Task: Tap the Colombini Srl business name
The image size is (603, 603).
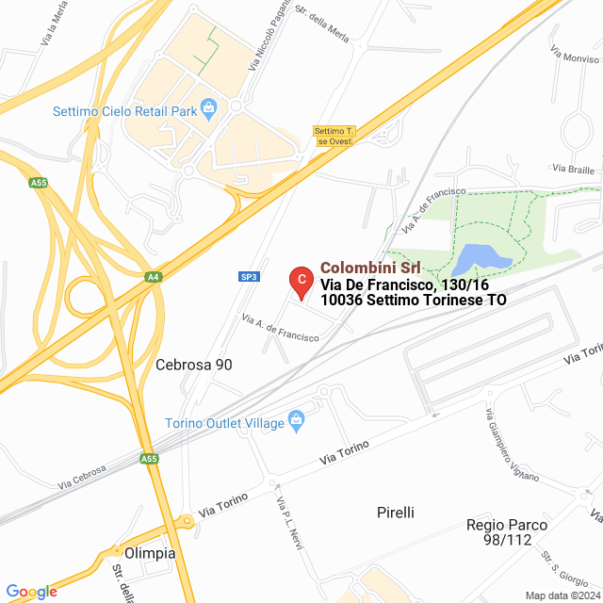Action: pos(370,268)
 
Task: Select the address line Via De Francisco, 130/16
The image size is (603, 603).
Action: pos(378,285)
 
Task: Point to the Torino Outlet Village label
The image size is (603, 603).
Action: pos(224,423)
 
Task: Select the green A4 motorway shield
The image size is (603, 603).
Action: pos(153,277)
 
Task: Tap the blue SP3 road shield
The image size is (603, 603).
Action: pos(248,276)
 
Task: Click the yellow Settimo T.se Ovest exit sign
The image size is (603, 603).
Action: pos(333,136)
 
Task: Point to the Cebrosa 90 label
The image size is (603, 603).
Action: pos(194,365)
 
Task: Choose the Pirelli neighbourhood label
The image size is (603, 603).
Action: pos(395,513)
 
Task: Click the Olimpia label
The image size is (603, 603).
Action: pos(150,553)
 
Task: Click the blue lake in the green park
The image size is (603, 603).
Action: pos(483,257)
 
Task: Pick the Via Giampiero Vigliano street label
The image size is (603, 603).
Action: pos(512,446)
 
